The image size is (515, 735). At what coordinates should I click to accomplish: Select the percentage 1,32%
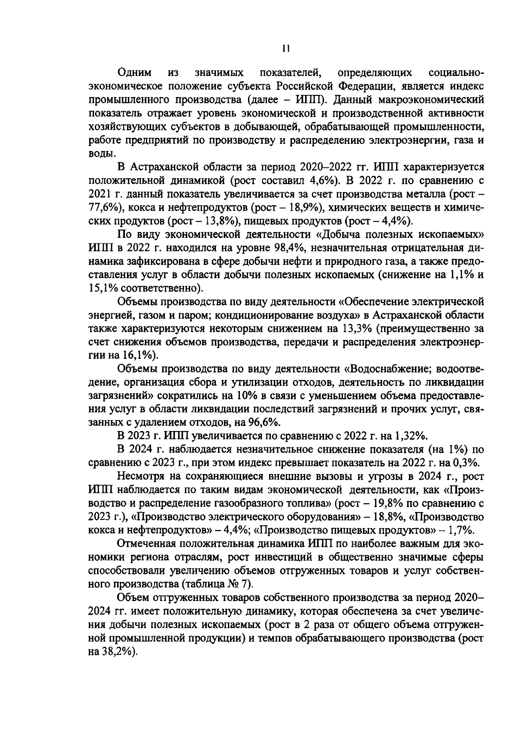[x=410, y=437]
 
